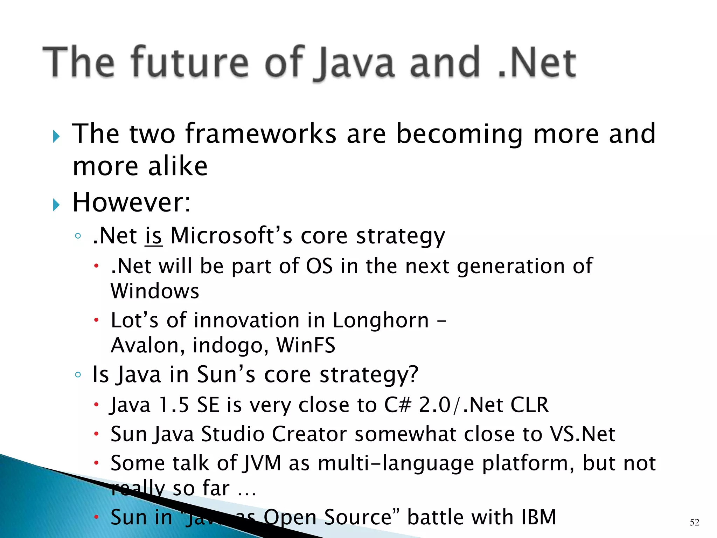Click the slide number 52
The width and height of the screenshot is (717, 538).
click(x=694, y=522)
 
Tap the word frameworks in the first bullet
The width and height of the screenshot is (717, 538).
click(x=260, y=134)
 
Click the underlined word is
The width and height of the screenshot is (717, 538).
click(x=153, y=235)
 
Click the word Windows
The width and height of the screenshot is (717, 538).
click(x=155, y=291)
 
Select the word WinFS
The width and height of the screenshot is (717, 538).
click(x=306, y=345)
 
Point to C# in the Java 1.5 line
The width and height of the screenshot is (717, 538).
click(x=397, y=405)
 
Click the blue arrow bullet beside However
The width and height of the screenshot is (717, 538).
click(x=56, y=205)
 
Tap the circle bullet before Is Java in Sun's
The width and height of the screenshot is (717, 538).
click(x=78, y=375)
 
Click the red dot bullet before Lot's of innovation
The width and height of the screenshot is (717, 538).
click(x=96, y=320)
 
